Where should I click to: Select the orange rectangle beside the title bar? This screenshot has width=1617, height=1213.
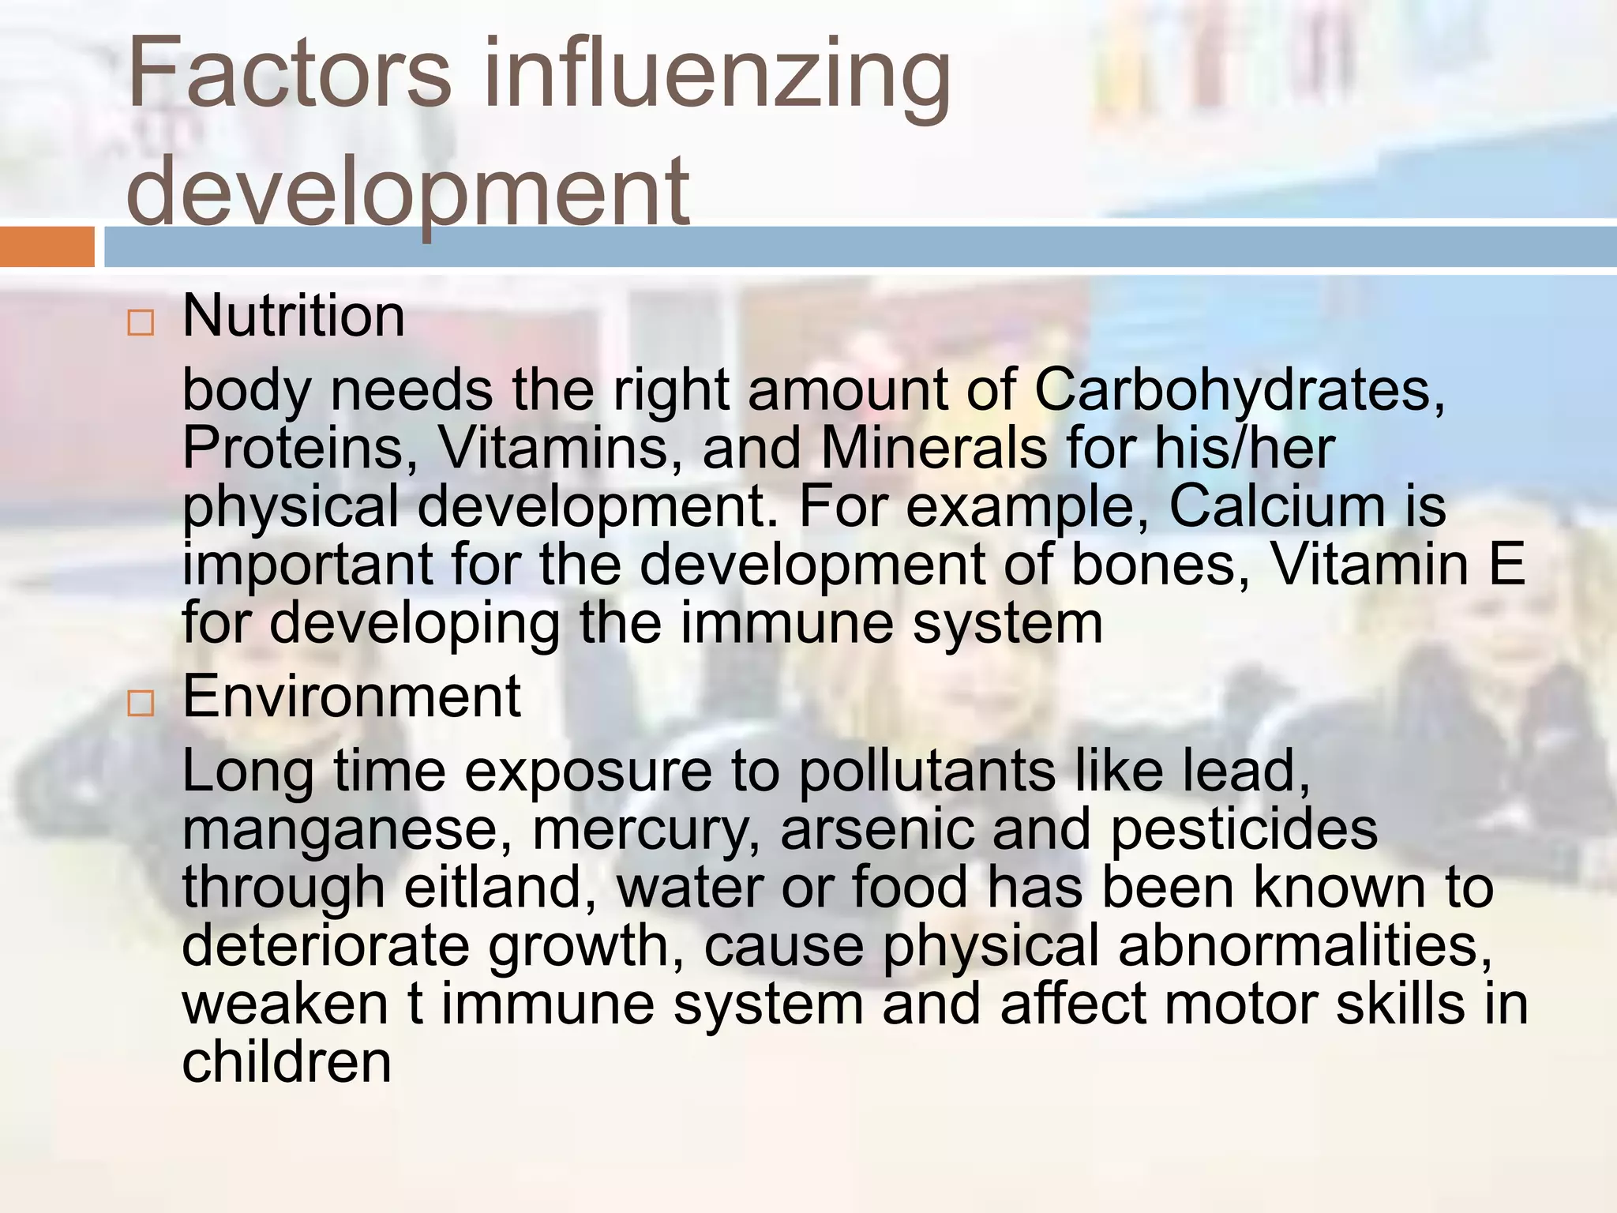tap(47, 246)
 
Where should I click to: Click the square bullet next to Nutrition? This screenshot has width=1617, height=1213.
tap(141, 323)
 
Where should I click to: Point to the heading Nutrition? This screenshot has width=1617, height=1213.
tap(294, 316)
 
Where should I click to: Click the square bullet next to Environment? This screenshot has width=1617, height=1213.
tap(141, 703)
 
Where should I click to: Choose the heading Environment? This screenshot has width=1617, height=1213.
tap(351, 697)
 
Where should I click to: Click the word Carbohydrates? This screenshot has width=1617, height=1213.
tap(1240, 391)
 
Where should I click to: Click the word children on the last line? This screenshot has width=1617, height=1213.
tap(287, 1062)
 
